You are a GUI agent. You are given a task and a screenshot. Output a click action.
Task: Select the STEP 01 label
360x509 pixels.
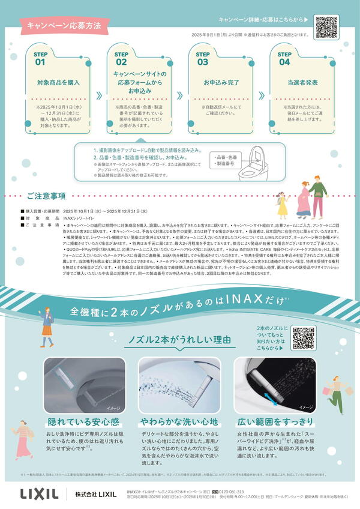click(40, 58)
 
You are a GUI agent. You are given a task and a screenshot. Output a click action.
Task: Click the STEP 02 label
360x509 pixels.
click(121, 58)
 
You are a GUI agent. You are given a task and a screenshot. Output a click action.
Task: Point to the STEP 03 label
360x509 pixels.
click(203, 58)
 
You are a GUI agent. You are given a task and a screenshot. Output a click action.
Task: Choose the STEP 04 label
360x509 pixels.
click(284, 58)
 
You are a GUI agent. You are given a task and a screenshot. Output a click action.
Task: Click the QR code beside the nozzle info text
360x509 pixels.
click(303, 338)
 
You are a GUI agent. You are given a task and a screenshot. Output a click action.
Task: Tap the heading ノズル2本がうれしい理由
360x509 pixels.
click(180, 340)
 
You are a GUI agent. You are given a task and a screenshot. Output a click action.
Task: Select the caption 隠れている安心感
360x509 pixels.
click(78, 420)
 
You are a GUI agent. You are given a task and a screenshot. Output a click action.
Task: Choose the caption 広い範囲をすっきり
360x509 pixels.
click(275, 420)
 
